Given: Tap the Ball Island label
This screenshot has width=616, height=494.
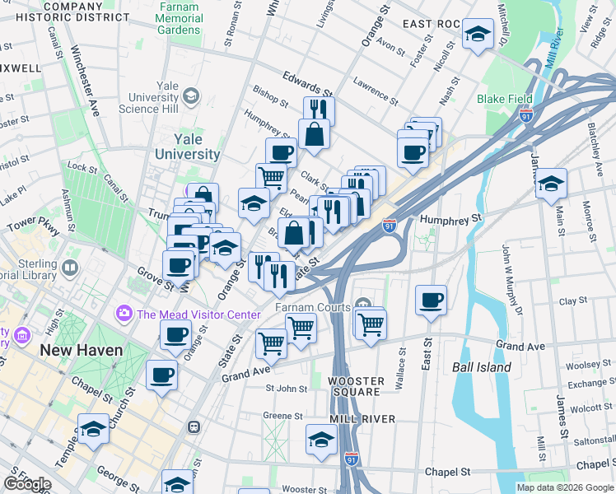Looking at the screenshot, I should pyautogui.click(x=482, y=367).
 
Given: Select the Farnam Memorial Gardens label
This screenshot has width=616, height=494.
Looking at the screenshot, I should pyautogui.click(x=179, y=18).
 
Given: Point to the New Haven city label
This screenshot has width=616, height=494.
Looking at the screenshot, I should pyautogui.click(x=82, y=351).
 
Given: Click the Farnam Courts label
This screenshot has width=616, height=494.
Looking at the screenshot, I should pyautogui.click(x=313, y=308).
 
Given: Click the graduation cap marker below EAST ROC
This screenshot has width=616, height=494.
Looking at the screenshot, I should pyautogui.click(x=478, y=35).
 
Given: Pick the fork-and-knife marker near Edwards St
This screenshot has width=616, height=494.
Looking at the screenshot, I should pyautogui.click(x=319, y=110).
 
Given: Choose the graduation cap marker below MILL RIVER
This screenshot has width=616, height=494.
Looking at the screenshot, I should pyautogui.click(x=321, y=439).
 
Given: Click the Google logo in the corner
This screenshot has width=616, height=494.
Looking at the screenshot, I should pyautogui.click(x=26, y=484).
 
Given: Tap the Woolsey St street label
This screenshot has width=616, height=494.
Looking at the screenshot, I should pyautogui.click(x=586, y=364).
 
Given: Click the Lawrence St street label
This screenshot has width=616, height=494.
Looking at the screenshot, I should pyautogui.click(x=375, y=91).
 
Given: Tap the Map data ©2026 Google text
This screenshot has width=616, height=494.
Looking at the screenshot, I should pyautogui.click(x=564, y=487).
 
